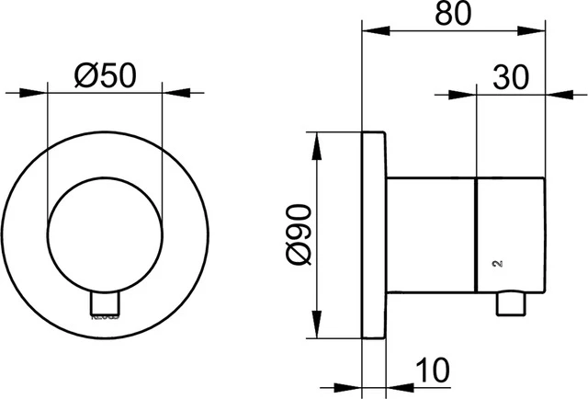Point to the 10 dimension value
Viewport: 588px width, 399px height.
[x=433, y=370]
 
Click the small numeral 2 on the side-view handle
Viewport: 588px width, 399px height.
[x=497, y=264]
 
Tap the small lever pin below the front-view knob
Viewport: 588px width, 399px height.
[x=104, y=303]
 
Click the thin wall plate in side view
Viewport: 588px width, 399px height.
[x=374, y=236]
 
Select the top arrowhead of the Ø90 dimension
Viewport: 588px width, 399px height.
[x=318, y=143]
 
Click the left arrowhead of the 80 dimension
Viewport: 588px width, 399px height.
[x=371, y=30]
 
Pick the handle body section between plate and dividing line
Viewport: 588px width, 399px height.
[x=432, y=236]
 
